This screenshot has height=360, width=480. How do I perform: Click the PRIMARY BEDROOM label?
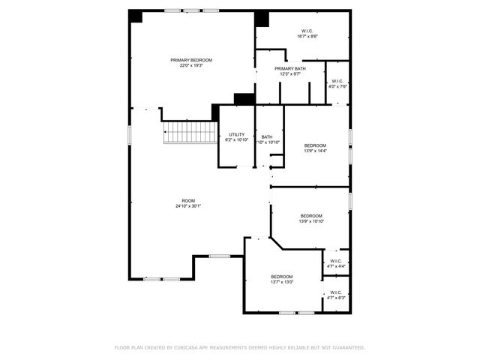[x=191, y=60]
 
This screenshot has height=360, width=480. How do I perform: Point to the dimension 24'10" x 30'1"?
[x=188, y=206]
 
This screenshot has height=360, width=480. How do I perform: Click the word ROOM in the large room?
[x=188, y=200]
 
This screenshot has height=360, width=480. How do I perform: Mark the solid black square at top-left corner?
[x=136, y=16]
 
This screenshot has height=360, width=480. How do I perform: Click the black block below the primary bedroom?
[x=244, y=98]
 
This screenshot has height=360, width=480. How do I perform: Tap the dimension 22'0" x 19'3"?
[x=191, y=66]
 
